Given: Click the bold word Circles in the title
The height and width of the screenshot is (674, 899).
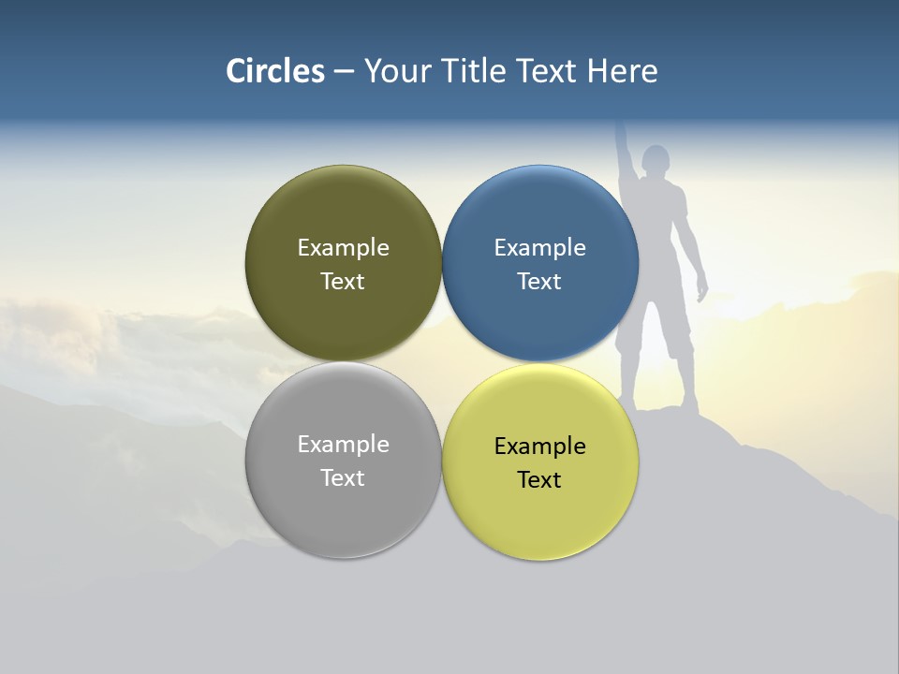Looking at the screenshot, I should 275,71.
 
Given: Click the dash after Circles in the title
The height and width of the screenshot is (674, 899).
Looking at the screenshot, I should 344,72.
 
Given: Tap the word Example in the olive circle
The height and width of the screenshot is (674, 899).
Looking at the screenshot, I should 343,247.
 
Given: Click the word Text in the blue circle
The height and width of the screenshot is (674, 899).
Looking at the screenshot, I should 539,281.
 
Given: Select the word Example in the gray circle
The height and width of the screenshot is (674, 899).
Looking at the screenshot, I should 343,444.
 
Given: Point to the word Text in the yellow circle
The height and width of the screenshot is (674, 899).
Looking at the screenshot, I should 539,479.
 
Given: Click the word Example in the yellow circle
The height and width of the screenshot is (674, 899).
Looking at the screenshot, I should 539,446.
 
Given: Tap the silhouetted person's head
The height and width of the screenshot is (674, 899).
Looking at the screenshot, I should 656,159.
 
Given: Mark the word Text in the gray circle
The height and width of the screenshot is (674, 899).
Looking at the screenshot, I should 343,477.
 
